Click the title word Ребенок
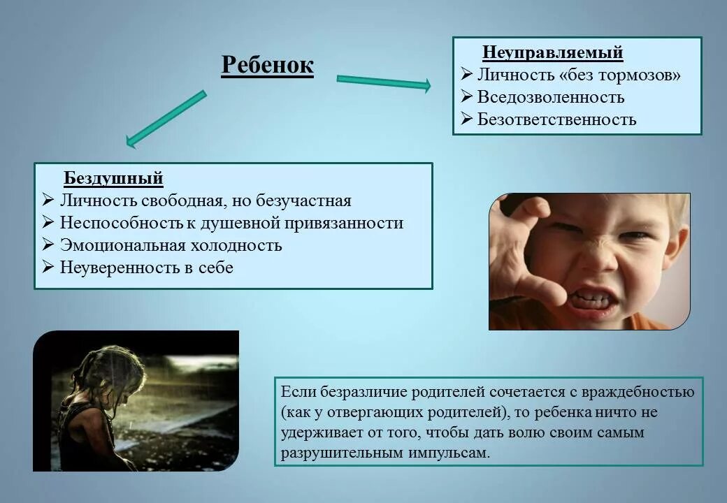tap(267, 65)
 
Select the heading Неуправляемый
tap(552, 53)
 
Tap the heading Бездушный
tap(113, 179)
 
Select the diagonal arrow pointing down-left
tap(166, 119)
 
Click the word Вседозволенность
tap(551, 97)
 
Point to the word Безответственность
tap(556, 119)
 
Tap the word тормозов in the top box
tap(636, 75)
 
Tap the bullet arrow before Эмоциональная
tap(48, 245)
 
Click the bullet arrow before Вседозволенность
tap(466, 97)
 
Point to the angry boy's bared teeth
tap(591, 300)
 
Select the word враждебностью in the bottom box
tap(644, 392)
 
